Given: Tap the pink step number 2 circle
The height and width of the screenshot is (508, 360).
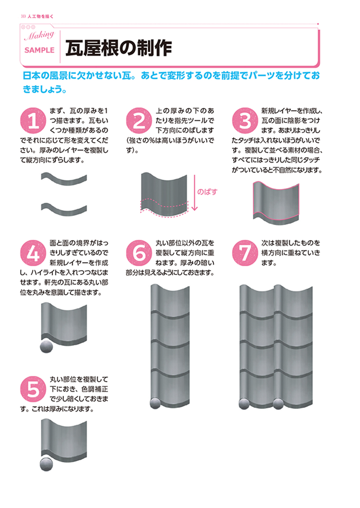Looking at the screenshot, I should (138, 120).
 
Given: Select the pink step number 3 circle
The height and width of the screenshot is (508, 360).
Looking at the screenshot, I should (245, 120).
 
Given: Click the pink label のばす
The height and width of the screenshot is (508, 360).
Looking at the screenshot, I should (207, 192).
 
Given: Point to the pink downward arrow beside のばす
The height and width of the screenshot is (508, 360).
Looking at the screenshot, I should (194, 193).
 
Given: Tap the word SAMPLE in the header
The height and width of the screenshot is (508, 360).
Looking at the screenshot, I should (40, 51).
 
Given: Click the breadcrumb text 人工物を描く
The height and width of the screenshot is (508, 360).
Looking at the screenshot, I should (41, 16).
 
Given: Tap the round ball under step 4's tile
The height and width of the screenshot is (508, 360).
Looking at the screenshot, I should (46, 347).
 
